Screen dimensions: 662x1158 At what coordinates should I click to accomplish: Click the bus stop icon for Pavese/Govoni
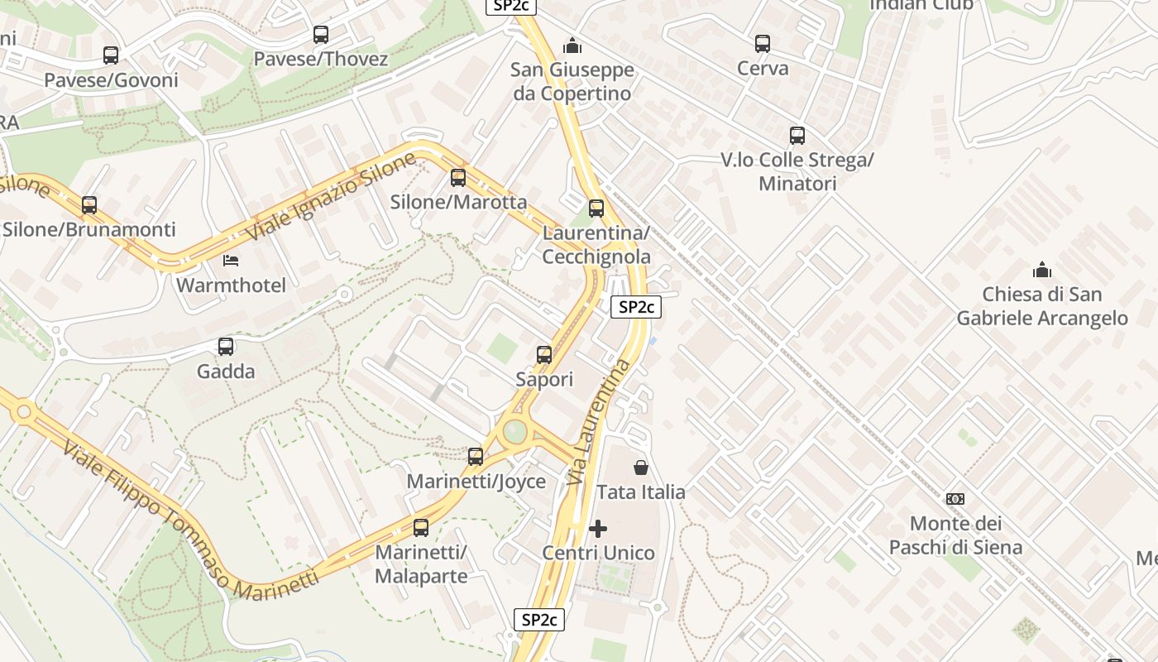(110, 55)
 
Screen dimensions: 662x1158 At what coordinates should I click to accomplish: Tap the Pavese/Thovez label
(320, 59)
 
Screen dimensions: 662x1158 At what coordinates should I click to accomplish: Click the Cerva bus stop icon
(762, 44)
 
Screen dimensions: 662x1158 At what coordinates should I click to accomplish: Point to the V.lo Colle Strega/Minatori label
(797, 171)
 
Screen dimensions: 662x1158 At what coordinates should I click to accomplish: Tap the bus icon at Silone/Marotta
(457, 177)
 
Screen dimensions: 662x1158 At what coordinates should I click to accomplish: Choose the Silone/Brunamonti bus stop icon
(89, 205)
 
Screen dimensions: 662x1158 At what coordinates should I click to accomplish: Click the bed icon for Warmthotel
(232, 261)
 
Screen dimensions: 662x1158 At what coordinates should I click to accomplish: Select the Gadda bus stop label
(226, 372)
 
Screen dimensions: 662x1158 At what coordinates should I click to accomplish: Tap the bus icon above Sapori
(543, 354)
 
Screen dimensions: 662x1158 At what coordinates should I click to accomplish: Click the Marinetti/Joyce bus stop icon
(475, 456)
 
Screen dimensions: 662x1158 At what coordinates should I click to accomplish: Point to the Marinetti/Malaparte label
(421, 564)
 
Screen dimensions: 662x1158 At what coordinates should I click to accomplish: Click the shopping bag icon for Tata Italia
(640, 468)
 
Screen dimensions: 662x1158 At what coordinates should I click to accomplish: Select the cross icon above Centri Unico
(597, 528)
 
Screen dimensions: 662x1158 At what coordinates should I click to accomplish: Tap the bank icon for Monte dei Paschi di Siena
(955, 498)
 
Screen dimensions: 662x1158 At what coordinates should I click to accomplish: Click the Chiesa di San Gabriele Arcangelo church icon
(1041, 270)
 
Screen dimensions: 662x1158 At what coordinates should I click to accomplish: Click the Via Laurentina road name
(599, 422)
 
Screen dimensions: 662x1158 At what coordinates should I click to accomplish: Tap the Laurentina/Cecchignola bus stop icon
(596, 209)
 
